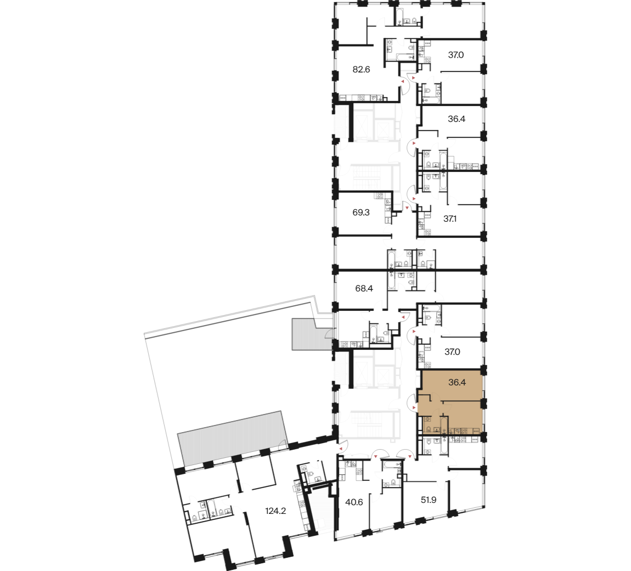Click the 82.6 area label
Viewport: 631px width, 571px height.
(361, 69)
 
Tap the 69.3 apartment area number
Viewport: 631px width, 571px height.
(361, 212)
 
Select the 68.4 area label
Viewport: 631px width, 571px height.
(364, 288)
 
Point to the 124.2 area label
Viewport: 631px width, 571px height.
(275, 511)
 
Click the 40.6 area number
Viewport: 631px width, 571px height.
(354, 502)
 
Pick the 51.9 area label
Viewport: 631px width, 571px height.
(429, 500)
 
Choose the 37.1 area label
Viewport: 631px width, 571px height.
(450, 219)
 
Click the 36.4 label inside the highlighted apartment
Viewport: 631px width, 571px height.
(457, 382)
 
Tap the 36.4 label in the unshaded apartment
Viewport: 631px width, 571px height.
(457, 119)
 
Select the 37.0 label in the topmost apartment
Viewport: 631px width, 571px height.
(456, 55)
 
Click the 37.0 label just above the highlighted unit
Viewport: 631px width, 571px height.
(452, 351)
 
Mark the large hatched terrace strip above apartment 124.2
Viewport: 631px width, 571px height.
(232, 438)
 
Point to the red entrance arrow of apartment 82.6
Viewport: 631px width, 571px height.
(402, 81)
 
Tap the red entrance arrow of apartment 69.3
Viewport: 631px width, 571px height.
(407, 208)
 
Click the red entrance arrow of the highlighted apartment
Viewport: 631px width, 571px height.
(414, 408)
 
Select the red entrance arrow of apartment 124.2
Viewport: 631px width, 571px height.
(340, 448)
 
